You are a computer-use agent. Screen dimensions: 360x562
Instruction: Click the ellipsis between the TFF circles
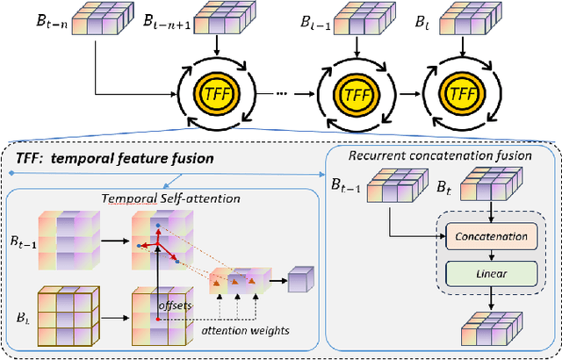tap(279, 90)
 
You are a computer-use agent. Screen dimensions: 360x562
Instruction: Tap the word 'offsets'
tap(176, 305)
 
